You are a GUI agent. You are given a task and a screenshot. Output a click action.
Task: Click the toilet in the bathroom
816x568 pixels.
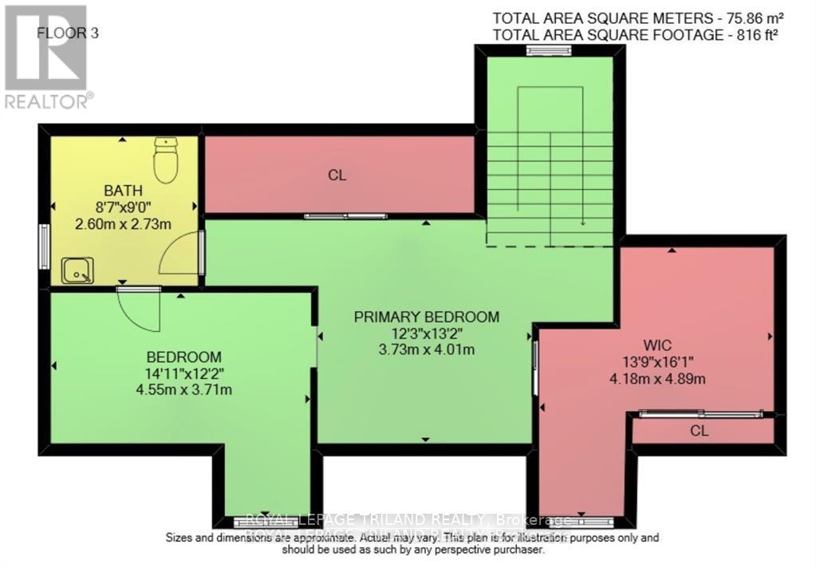pos(165,159)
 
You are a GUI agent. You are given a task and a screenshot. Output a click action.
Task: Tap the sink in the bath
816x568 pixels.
pos(78,270)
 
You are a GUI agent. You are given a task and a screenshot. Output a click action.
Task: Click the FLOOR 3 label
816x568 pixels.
pos(68,34)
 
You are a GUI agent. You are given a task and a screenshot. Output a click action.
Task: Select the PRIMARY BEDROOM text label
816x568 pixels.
pos(427,317)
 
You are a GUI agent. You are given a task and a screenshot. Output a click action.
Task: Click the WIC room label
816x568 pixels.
pos(659,346)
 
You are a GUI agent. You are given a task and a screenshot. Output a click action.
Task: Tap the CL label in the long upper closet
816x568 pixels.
pos(337,175)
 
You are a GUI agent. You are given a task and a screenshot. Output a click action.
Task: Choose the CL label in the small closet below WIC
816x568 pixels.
pos(700,431)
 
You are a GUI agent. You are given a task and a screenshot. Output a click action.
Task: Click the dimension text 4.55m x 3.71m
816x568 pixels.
pos(184,390)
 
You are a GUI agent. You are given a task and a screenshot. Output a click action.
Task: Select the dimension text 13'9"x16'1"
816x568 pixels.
pos(659,362)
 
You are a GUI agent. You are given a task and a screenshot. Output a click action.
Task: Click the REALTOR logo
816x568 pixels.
pos(46,56)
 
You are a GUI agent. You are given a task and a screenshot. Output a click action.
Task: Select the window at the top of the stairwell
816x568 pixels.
pos(550,51)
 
